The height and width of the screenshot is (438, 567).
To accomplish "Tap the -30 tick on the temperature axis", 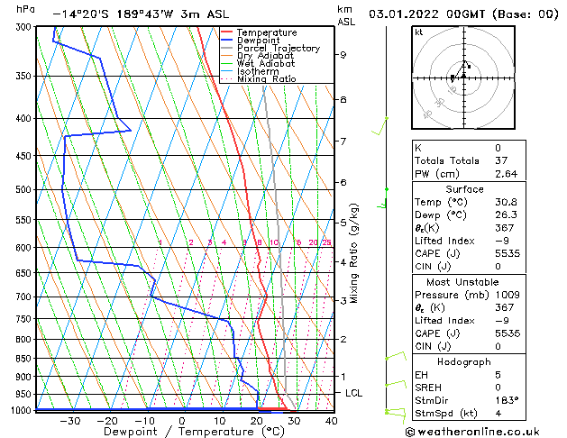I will coord(69,420).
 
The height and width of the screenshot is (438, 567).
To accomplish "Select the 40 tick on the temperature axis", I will coord(332,420).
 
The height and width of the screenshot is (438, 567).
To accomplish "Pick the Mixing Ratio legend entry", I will coord(267,79).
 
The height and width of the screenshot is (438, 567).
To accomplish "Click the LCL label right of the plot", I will coord(354,393).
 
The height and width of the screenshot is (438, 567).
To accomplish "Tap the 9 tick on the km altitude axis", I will coord(343,55).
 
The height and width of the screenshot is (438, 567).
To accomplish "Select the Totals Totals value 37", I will coord(498,160).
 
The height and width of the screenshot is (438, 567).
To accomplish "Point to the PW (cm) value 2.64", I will coord(503,174).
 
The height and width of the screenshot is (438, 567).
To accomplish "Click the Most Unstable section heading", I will coord(462,281).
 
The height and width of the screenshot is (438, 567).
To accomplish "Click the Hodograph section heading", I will coord(462,361).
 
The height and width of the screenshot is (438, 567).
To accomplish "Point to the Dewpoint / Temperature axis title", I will coord(182,433).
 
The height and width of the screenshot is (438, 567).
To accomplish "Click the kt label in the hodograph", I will coord(418,32).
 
